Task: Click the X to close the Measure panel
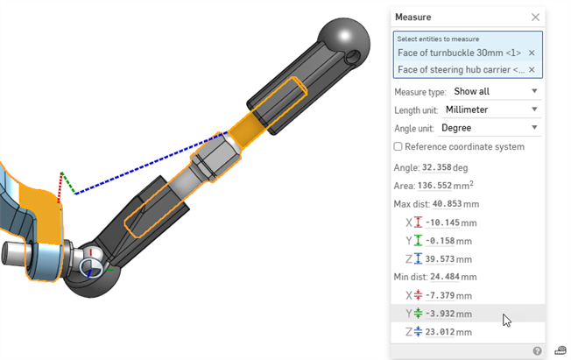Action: [535, 17]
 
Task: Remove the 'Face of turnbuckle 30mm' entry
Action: [532, 53]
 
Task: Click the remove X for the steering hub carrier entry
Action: [532, 69]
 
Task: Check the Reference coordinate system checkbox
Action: [398, 146]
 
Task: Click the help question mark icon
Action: [538, 350]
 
